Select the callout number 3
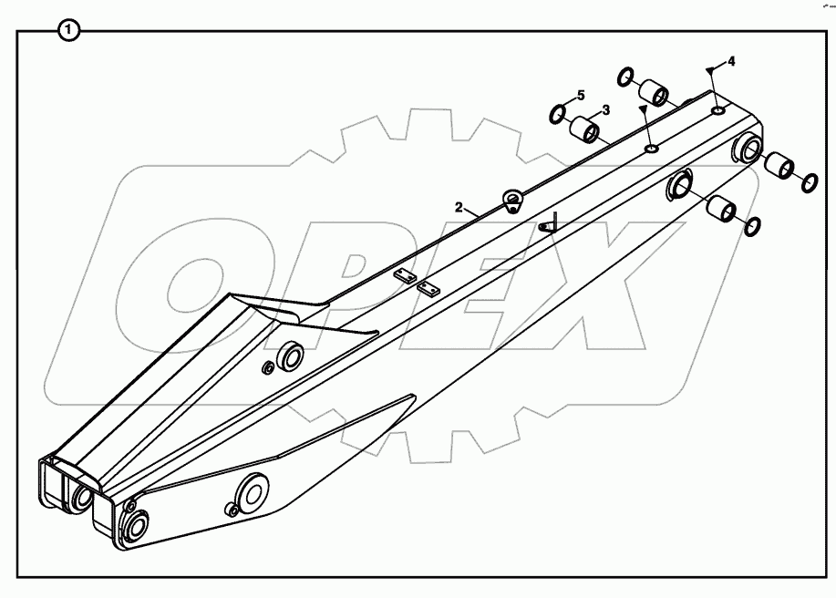(x=605, y=109)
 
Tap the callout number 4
(x=731, y=61)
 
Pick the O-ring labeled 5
(x=557, y=115)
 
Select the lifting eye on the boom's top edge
(x=513, y=200)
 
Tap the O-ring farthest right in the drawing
(x=809, y=183)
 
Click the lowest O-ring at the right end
(x=753, y=226)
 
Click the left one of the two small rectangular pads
(x=405, y=274)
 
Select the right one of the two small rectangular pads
(x=428, y=289)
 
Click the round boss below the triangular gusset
(x=291, y=356)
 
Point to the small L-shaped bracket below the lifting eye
(x=548, y=224)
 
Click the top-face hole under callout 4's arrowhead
(x=718, y=110)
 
